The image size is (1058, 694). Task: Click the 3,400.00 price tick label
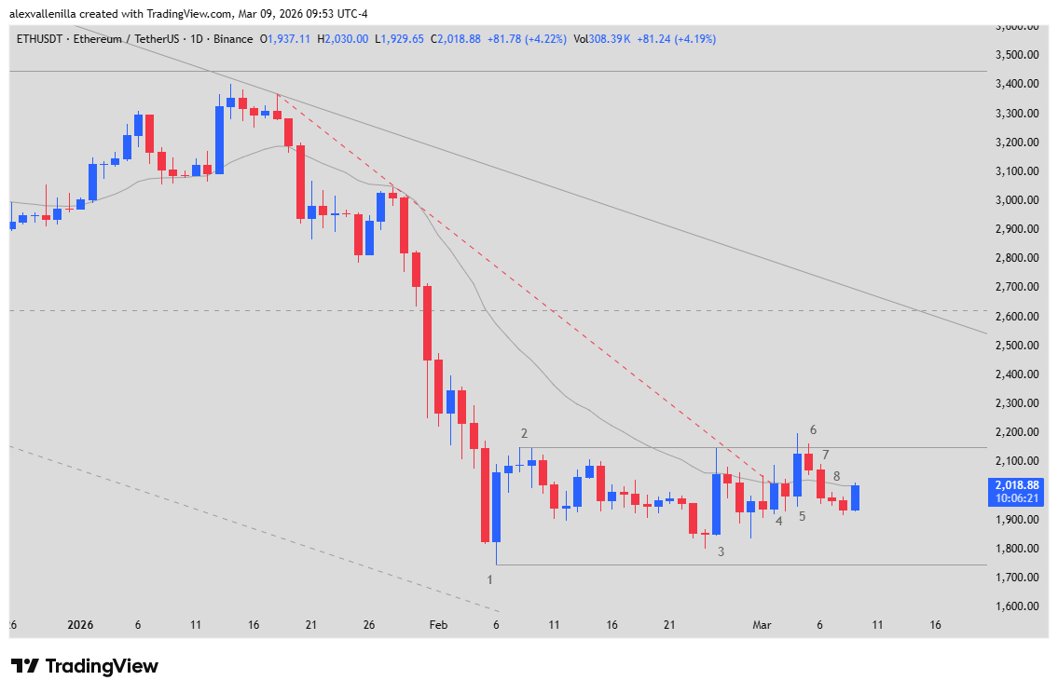pos(1016,84)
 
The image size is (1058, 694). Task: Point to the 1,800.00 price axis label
pos(1016,549)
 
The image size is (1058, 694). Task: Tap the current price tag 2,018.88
pos(1016,484)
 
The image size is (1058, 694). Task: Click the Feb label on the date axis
pos(438,625)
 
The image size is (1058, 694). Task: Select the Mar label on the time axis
pos(762,625)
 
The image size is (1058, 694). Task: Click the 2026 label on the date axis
pos(80,625)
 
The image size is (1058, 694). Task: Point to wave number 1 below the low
pos(490,579)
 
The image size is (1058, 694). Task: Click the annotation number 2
pos(525,433)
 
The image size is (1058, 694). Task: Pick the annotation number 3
pos(721,551)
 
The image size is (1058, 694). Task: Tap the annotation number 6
pos(813,429)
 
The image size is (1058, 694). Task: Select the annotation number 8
pos(836,476)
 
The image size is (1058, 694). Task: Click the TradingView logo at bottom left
pos(85,666)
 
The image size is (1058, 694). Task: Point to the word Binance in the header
pos(232,39)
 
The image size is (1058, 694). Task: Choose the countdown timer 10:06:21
pos(1016,498)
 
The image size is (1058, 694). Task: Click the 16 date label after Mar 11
pos(935,625)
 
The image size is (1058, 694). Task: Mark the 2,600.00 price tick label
pos(1016,317)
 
